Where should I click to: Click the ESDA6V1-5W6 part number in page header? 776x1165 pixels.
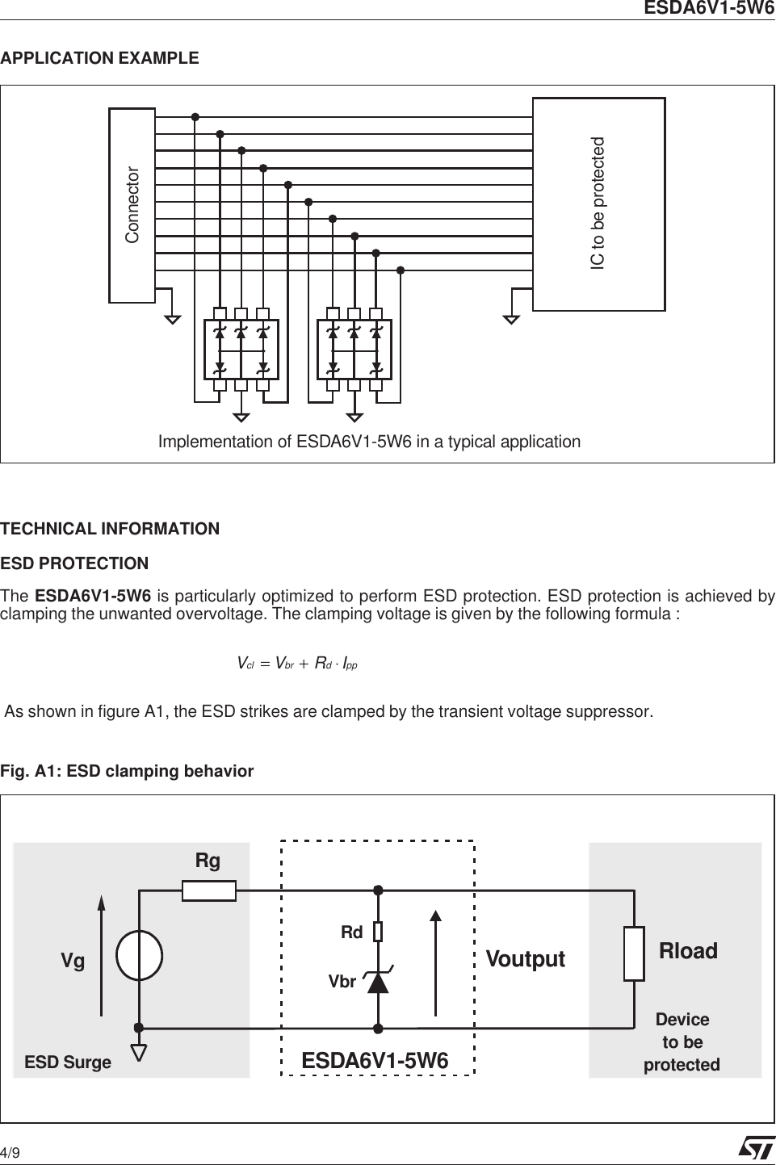[708, 9]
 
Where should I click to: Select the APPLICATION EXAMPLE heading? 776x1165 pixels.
[99, 58]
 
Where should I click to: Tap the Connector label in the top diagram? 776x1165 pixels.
[132, 205]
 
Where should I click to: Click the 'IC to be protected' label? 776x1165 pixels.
[598, 203]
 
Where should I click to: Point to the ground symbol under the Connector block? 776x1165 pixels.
[172, 318]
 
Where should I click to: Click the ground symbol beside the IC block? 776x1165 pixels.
[511, 318]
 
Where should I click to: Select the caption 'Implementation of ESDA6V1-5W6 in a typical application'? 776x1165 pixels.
[369, 442]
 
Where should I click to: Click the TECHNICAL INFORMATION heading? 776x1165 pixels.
[110, 529]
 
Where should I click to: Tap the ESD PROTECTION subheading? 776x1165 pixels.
[74, 564]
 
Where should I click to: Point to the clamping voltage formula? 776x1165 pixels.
[297, 664]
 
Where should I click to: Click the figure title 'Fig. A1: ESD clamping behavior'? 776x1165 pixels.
[127, 771]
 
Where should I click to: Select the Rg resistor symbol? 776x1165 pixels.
[209, 891]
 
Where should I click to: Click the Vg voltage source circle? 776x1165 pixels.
[139, 955]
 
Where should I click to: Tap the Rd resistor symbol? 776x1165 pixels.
[377, 932]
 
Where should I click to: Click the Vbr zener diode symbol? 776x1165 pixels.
[377, 981]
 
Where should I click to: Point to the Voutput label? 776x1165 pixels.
[525, 959]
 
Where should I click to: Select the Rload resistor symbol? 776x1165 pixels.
[634, 953]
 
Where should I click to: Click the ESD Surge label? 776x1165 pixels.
[68, 1062]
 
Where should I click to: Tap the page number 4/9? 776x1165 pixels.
[10, 1152]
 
